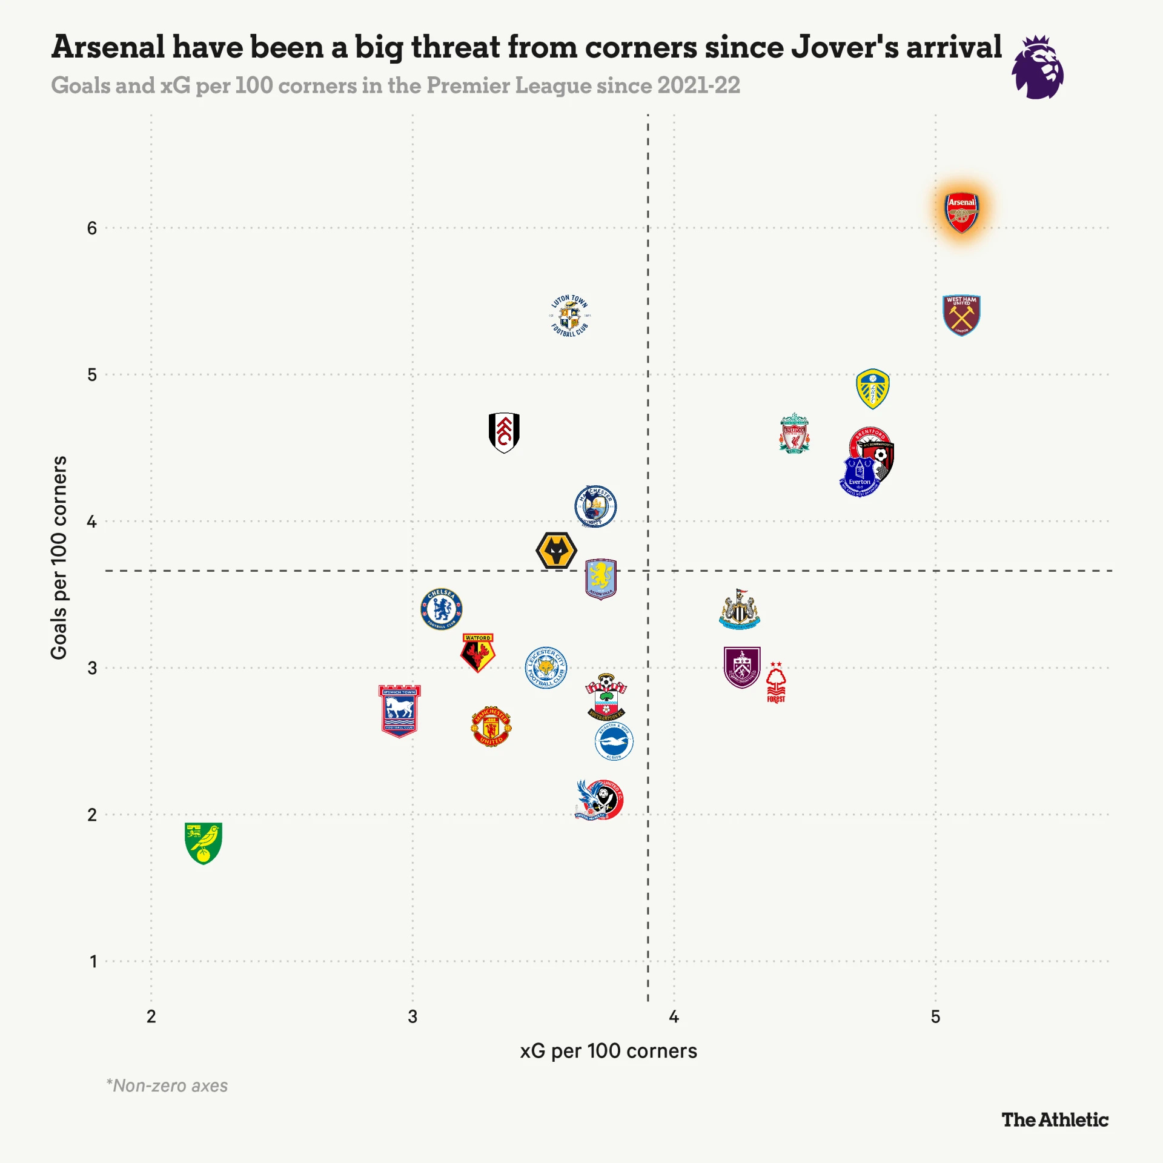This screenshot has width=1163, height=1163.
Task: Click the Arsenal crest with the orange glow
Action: pos(961,212)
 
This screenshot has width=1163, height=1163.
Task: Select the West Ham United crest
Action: pos(961,315)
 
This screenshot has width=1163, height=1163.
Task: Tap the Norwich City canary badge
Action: pos(204,843)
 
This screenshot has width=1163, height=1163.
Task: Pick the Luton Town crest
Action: pos(569,316)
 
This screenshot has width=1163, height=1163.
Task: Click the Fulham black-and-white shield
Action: pos(504,432)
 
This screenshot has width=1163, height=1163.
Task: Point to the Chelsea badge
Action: pos(442,609)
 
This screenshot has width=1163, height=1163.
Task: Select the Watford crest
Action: pos(478,653)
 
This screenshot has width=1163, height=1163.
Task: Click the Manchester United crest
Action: pos(491,726)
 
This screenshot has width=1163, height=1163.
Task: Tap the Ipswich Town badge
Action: pos(399,711)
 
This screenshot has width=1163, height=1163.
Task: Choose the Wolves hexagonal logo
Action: pos(556,551)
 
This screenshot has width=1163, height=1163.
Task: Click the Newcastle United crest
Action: pos(740,609)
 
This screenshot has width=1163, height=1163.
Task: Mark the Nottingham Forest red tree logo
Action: pos(776,683)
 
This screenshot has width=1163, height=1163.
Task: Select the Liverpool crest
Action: pos(794,434)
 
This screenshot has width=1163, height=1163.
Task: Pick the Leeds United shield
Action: pos(872,389)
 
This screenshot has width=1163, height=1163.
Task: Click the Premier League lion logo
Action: pos(1038,67)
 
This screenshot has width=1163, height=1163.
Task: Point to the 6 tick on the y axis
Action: pos(92,228)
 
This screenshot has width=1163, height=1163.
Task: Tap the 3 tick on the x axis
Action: pos(413,1016)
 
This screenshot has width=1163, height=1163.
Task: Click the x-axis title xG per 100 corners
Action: pos(608,1051)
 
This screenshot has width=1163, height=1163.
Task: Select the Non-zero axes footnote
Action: pos(167,1085)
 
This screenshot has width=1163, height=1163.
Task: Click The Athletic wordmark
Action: pos(1055,1120)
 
